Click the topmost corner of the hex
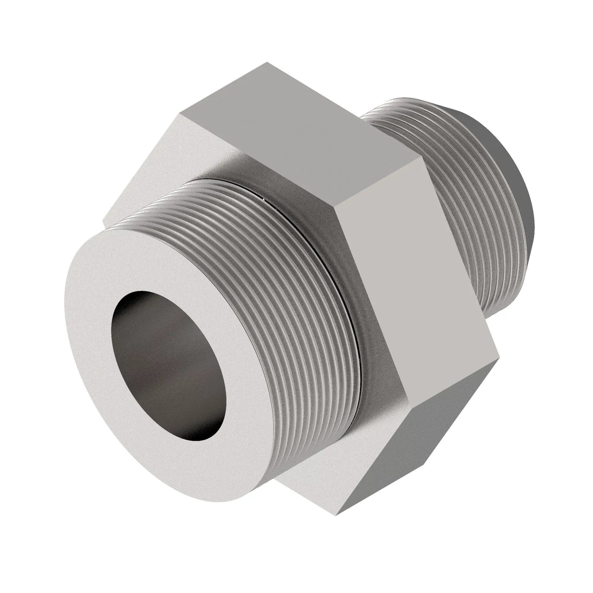point(267,62)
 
